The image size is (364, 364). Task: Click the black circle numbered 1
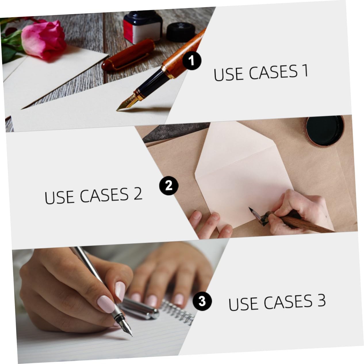click(x=192, y=61)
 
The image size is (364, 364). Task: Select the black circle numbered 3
click(x=202, y=301)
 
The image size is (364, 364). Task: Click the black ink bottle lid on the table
click(x=180, y=32)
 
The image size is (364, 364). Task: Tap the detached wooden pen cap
click(x=128, y=55)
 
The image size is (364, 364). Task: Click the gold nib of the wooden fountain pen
click(x=126, y=103)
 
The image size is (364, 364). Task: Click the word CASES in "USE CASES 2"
click(x=104, y=195)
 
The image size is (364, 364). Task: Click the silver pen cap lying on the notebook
click(x=139, y=309)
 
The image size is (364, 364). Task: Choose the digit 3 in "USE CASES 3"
click(x=321, y=300)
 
